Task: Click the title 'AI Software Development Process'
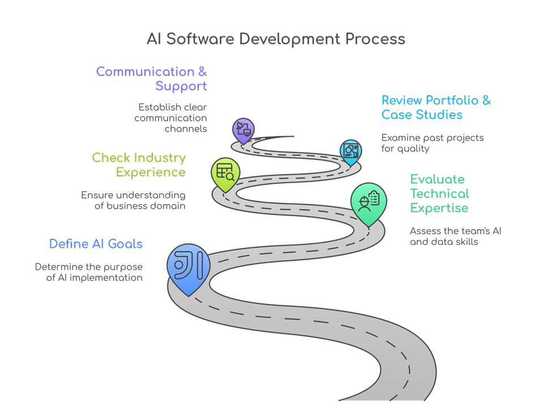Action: coord(276,39)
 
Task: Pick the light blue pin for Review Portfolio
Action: coord(350,150)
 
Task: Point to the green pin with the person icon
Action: coord(369,202)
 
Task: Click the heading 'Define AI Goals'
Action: coord(96,244)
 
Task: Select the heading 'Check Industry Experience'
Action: coord(139,164)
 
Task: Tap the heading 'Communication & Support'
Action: coord(152,79)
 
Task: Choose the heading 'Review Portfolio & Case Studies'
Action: coord(436,107)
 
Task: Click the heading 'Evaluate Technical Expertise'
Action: coord(439,193)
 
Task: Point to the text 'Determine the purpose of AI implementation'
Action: coord(88,272)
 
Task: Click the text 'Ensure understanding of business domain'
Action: coord(133,200)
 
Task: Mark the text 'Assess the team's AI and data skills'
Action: coord(455,236)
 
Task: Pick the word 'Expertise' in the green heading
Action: coord(439,208)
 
